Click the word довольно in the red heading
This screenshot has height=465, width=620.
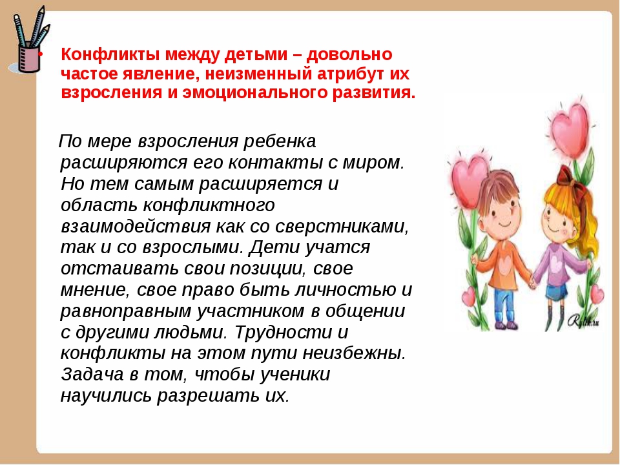pos(349,55)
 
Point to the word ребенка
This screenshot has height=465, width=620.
pos(280,141)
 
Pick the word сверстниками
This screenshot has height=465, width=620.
pos(342,227)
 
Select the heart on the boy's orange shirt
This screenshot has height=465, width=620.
pos(504,265)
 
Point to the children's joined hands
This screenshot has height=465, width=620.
pos(532,281)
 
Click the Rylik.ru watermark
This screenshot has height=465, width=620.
pos(584,321)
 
